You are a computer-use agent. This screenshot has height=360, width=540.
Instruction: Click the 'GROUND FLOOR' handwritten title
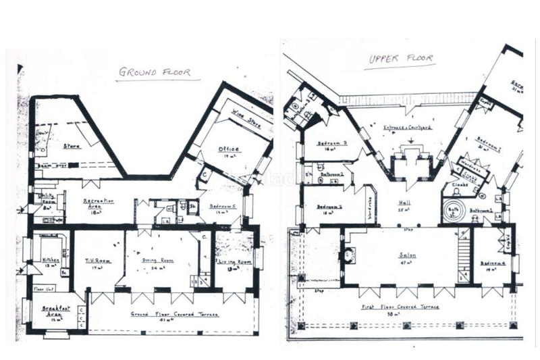155,72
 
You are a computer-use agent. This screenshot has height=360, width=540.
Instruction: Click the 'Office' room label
229,149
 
